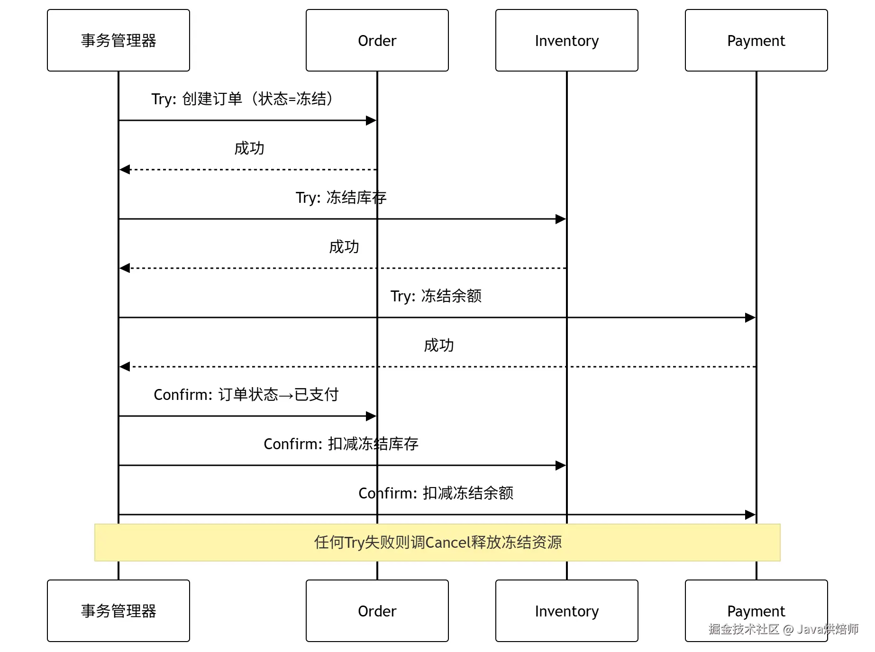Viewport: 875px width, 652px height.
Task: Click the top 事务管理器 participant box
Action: pyautogui.click(x=118, y=40)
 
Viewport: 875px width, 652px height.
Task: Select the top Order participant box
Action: pyautogui.click(x=377, y=40)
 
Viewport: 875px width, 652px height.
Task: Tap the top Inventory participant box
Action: pyautogui.click(x=567, y=40)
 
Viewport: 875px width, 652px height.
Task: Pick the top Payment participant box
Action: pyautogui.click(x=757, y=40)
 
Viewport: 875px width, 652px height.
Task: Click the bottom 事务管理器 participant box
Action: pyautogui.click(x=118, y=611)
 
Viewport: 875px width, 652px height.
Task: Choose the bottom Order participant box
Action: pyautogui.click(x=377, y=611)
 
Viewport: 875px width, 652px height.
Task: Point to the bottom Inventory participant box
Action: pyautogui.click(x=567, y=611)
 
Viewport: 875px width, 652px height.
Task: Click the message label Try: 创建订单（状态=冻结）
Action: pyautogui.click(x=243, y=99)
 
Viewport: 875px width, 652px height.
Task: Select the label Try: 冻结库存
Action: pyautogui.click(x=341, y=197)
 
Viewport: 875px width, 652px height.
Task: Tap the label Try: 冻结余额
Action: pyautogui.click(x=436, y=296)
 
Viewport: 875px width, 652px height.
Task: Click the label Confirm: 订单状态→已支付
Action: pyautogui.click(x=246, y=394)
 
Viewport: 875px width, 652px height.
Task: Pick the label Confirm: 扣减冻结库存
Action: pyautogui.click(x=341, y=444)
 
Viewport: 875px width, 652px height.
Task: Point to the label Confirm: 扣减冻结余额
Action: pyautogui.click(x=436, y=493)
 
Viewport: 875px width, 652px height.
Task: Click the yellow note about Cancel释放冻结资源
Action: pyautogui.click(x=437, y=543)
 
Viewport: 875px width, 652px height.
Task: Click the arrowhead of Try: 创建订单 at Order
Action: pyautogui.click(x=371, y=120)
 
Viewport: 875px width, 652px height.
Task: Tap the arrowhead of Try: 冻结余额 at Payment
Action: pyautogui.click(x=750, y=317)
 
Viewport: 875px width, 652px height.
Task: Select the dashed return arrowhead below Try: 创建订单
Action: pyautogui.click(x=125, y=170)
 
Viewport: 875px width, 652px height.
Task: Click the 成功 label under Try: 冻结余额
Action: pyautogui.click(x=439, y=345)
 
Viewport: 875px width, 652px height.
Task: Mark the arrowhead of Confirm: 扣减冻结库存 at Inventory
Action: pyautogui.click(x=561, y=465)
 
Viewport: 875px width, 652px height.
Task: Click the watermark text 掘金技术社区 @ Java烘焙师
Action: pyautogui.click(x=784, y=629)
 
